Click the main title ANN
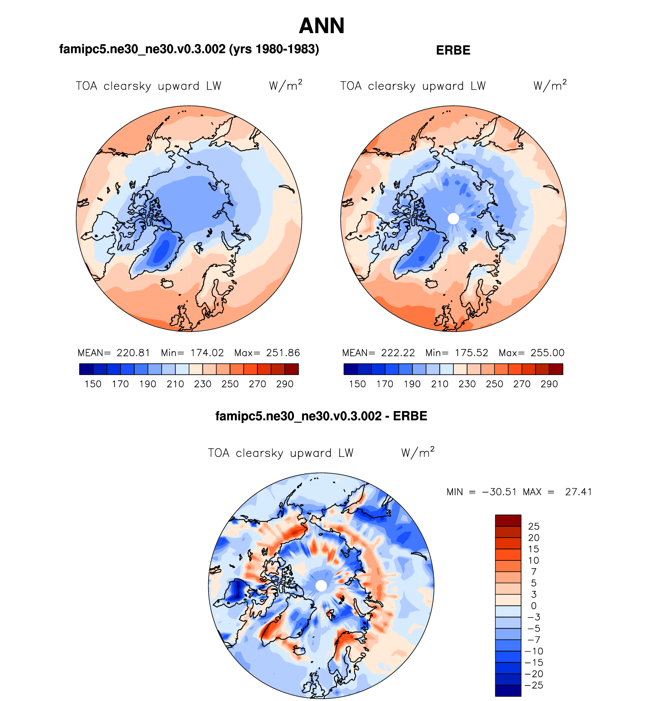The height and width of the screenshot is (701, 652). tap(321, 26)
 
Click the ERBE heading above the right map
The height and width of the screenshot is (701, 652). tap(453, 50)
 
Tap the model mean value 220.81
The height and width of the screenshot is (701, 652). tap(133, 353)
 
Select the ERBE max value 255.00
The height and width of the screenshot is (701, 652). tap(548, 353)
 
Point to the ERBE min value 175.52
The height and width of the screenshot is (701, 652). tap(472, 353)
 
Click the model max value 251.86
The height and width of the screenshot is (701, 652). tap(283, 353)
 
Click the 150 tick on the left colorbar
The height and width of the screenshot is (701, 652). tap(93, 384)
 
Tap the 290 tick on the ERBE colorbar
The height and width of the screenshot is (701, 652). tap(549, 384)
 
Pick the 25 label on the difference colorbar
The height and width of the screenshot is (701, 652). tap(534, 527)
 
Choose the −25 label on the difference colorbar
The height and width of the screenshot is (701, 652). tap(534, 685)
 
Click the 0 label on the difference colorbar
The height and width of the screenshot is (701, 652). tap(534, 606)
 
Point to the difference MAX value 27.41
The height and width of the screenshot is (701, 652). tap(578, 492)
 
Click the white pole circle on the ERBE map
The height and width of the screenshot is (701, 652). tap(453, 219)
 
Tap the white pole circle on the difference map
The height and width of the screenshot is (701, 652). tap(321, 586)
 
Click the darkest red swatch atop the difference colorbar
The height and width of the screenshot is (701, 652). tap(508, 520)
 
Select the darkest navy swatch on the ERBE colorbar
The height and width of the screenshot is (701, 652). tap(350, 369)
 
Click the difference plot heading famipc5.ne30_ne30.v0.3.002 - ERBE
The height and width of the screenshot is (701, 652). tap(321, 416)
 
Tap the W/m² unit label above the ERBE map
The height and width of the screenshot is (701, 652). tap(550, 85)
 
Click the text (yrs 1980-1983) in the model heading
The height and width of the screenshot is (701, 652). tap(274, 49)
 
